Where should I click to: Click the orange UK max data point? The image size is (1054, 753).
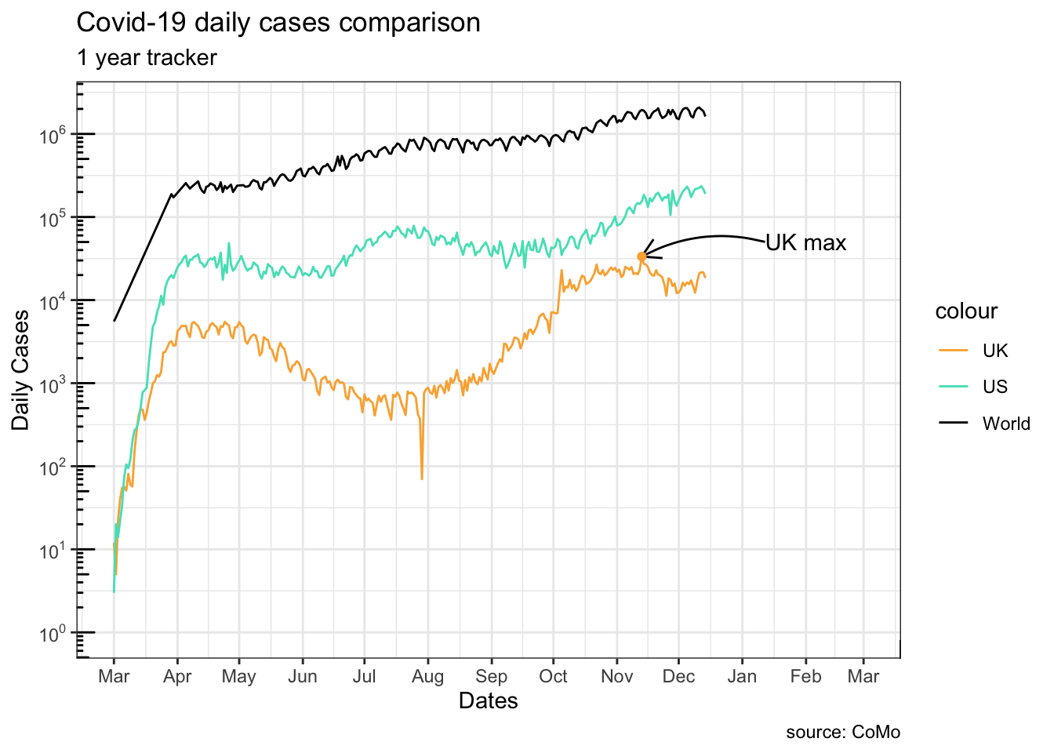click(x=641, y=256)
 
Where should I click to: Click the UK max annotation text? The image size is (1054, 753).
click(x=805, y=243)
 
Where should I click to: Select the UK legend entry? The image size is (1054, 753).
click(x=995, y=351)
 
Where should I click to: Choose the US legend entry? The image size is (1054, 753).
click(x=995, y=387)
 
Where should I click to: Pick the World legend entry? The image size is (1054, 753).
click(x=1005, y=424)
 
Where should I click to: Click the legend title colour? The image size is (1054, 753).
click(x=966, y=311)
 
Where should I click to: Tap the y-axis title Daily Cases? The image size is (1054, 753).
click(x=21, y=370)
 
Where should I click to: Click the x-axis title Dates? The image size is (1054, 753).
click(x=488, y=700)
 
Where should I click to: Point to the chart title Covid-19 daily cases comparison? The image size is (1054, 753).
click(x=278, y=23)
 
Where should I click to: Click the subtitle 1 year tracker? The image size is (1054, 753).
click(x=147, y=58)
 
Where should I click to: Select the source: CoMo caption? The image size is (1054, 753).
click(x=843, y=733)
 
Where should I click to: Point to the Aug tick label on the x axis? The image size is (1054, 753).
click(x=427, y=677)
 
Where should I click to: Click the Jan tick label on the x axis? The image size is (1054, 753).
click(x=742, y=677)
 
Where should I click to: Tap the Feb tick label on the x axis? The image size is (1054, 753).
click(x=805, y=677)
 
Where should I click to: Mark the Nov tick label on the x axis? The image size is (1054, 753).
click(x=616, y=677)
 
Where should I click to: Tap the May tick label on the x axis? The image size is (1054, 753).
click(x=238, y=677)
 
